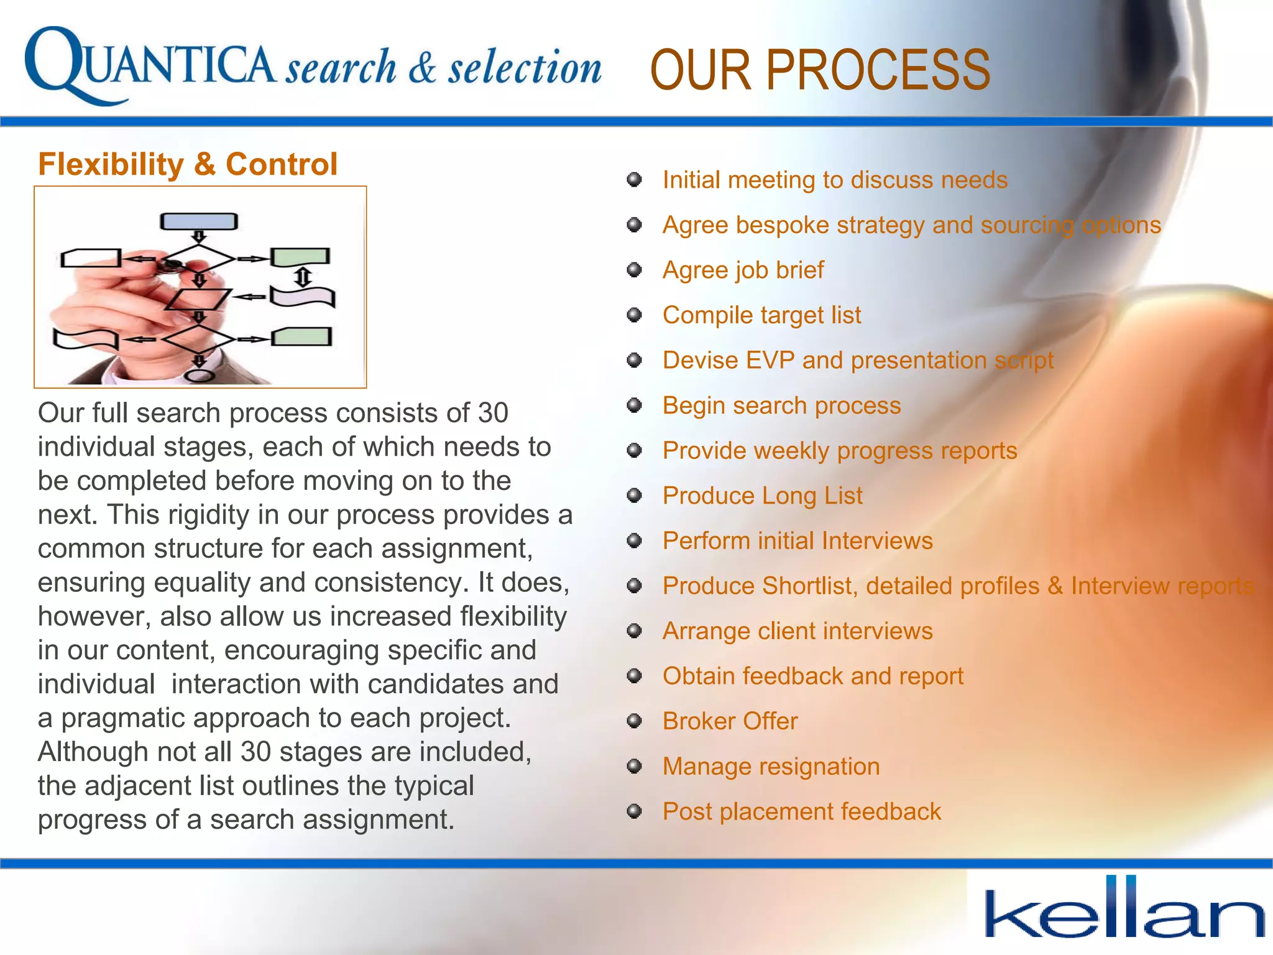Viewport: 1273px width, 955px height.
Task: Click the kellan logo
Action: pos(1124,909)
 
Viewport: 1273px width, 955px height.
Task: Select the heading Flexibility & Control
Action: pos(188,165)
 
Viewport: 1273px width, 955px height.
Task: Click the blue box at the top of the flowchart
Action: pos(199,221)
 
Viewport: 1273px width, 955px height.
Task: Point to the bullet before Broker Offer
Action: pos(634,721)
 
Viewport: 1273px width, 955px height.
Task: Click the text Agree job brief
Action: pos(743,270)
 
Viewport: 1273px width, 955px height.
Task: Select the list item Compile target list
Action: pos(761,315)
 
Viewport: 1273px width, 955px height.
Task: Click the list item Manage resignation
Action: pos(771,767)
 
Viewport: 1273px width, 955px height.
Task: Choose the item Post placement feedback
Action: pos(801,812)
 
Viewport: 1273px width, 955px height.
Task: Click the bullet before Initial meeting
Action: pos(634,180)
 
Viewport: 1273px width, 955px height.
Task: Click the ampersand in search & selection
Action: pos(423,68)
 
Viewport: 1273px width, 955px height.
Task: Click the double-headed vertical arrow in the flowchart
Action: pos(303,277)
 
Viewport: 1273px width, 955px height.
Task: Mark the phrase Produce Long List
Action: pos(762,496)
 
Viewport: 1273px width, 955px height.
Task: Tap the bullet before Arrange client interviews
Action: pos(634,631)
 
